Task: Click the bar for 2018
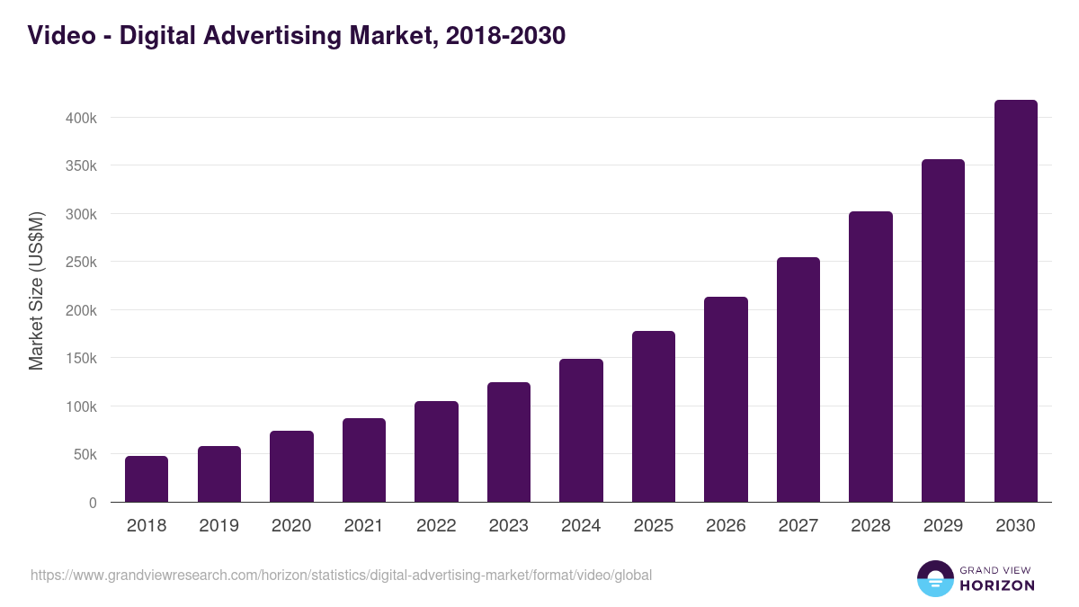tap(147, 479)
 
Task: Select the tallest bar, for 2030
tap(1015, 301)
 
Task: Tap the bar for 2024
tap(581, 431)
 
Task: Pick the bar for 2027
tap(798, 379)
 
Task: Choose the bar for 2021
tap(364, 460)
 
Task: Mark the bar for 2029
tap(943, 331)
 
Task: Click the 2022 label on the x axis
tap(436, 526)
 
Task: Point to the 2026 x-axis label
tap(726, 526)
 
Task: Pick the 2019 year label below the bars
tap(218, 526)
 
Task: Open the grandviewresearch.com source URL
tap(341, 575)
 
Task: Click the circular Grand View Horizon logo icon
tap(934, 578)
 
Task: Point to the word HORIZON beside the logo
tap(997, 585)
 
